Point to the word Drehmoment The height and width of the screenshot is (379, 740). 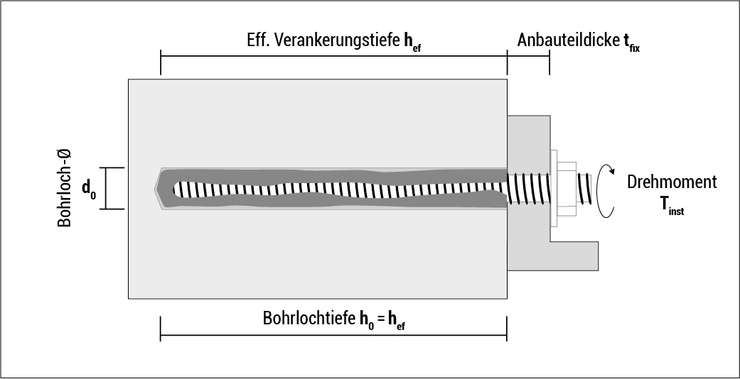672,182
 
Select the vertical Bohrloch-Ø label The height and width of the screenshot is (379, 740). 65,188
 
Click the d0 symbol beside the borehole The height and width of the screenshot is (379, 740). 89,189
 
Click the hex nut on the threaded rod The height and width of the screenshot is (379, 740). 567,189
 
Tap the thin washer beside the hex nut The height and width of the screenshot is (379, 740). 552,189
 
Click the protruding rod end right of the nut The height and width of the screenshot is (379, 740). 584,189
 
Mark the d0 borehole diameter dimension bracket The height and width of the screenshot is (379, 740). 105,189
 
